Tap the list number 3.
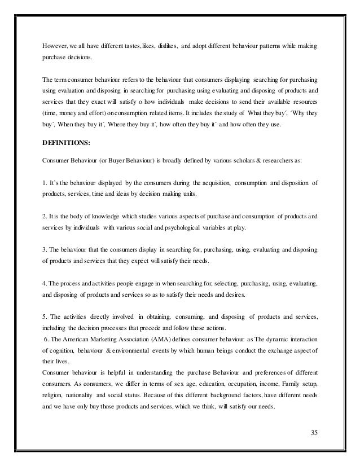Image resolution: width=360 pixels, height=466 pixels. click(x=45, y=249)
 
